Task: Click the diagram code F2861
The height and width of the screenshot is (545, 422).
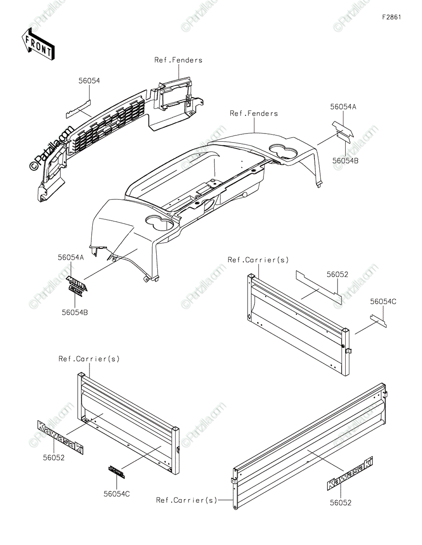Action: point(391,17)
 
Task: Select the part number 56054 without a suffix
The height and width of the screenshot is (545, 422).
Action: point(89,80)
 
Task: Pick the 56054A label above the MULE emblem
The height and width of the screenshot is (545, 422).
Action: point(71,257)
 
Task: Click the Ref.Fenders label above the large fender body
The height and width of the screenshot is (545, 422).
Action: point(253,114)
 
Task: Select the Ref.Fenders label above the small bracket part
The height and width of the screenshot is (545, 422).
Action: point(178,60)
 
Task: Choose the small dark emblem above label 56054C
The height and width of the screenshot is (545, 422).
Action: point(116,472)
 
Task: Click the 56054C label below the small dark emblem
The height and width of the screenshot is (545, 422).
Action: point(116,494)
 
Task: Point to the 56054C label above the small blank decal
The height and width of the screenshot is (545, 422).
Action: point(383,301)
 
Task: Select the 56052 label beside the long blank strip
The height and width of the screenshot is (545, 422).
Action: point(338,274)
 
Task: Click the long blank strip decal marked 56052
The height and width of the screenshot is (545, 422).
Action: point(318,287)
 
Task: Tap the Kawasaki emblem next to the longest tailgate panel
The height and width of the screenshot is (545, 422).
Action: point(349,474)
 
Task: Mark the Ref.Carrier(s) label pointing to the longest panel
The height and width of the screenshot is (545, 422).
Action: point(187,500)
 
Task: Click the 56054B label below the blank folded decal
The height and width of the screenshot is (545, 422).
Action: point(345,160)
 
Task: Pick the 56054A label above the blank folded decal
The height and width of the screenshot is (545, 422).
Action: point(343,107)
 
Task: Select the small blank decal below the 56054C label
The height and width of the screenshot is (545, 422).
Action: point(378,320)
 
